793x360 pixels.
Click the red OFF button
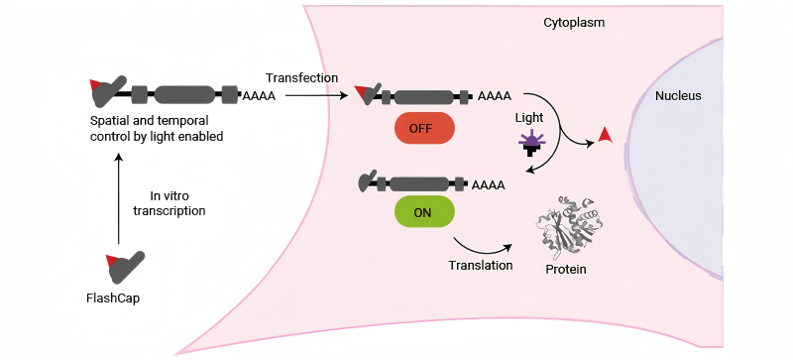pos(424,128)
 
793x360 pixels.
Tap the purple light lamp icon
pos(530,142)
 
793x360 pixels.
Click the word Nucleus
pos(678,95)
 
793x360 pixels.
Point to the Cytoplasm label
pos(574,23)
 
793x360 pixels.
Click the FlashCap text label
pos(113,299)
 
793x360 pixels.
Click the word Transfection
pos(302,78)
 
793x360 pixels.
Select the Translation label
pos(481,265)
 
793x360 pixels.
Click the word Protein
pos(566,269)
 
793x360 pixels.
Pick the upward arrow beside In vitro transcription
pos(119,199)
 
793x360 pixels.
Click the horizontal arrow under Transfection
pos(317,94)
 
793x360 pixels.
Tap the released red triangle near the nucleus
pos(605,136)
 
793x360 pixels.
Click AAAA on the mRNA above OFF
pos(494,95)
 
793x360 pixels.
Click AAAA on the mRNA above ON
pos(488,185)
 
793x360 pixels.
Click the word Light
pos(529,118)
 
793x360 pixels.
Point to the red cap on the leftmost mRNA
pos(95,84)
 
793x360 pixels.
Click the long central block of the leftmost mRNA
pos(184,94)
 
